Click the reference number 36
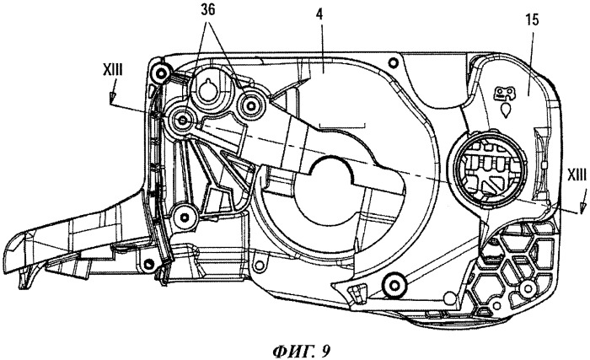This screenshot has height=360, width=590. click(208, 10)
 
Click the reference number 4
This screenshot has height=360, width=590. click(319, 16)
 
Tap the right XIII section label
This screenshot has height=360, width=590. click(576, 175)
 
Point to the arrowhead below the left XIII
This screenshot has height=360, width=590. click(112, 98)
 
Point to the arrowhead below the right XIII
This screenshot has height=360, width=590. click(583, 204)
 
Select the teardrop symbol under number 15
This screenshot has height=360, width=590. click(506, 110)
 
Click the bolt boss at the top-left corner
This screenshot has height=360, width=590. click(162, 72)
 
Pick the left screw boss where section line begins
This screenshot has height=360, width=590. click(183, 121)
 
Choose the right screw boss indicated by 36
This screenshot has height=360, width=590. click(249, 106)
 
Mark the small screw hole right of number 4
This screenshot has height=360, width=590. click(393, 62)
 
